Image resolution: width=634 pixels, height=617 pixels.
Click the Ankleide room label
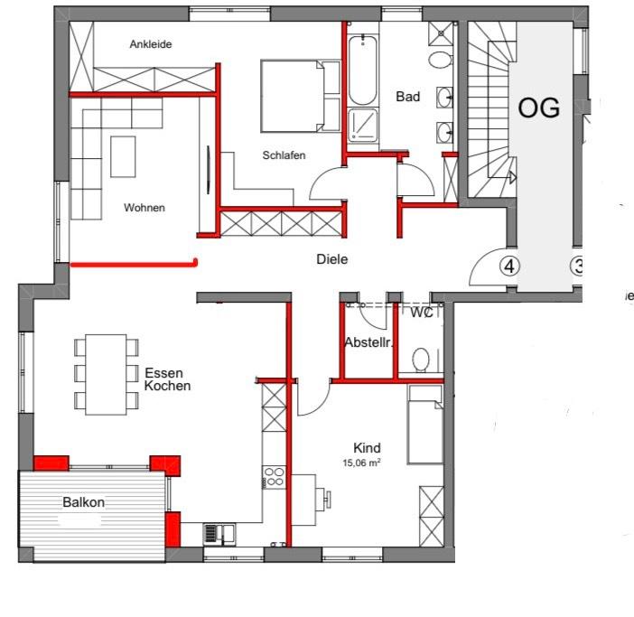coord(150,44)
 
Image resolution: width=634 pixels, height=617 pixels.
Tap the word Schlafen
coord(284,155)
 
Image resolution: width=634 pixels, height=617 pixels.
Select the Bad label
coord(407,97)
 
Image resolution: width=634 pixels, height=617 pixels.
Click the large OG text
coord(538,108)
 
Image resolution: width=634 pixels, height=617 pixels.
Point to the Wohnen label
coord(145,208)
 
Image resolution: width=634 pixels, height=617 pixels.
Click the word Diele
coord(331,259)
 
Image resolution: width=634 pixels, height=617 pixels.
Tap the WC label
coord(421,313)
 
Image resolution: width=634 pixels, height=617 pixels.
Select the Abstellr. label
coord(367,343)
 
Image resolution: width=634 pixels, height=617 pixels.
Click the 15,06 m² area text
coord(361,463)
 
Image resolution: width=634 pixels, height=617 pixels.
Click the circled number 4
coord(509,266)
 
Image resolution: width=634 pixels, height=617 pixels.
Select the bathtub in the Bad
coord(362,70)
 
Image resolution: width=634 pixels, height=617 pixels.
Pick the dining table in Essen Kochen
coord(107,373)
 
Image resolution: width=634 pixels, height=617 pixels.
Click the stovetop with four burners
coord(273,476)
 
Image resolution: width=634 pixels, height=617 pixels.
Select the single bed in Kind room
coord(424,424)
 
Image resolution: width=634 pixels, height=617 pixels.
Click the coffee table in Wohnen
coord(123,156)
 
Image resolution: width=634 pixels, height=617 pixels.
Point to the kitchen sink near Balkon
coord(218,533)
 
